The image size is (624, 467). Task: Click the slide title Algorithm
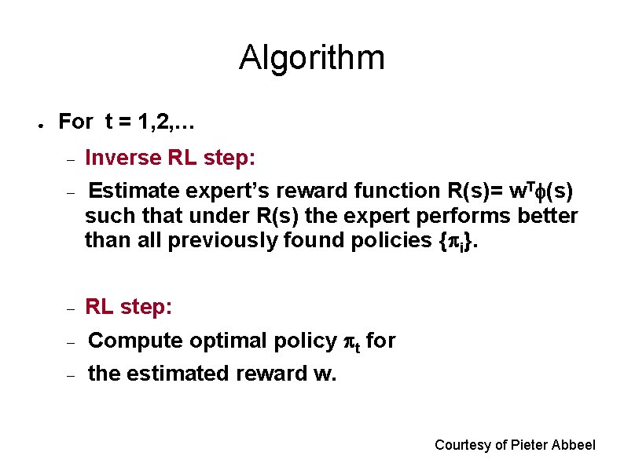coord(311,58)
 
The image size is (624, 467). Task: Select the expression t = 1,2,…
coord(149,122)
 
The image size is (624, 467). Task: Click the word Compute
coord(135,341)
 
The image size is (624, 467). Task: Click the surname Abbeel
coord(574,445)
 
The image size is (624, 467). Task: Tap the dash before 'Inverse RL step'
coord(70,160)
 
